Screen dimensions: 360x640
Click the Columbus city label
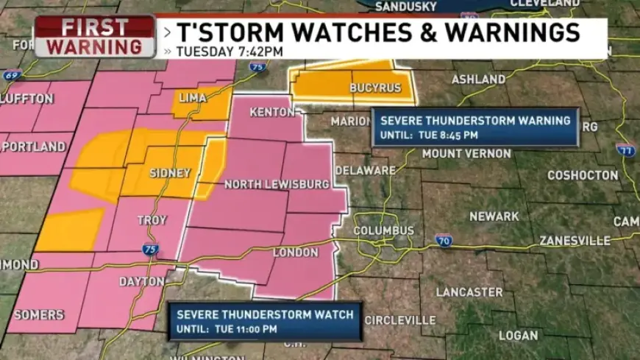383,230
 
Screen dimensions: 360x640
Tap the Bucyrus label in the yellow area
376,88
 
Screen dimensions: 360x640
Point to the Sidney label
170,173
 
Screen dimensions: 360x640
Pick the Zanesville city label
575,241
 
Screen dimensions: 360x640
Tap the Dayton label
142,281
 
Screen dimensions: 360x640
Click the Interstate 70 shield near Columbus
443,241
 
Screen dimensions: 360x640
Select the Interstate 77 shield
625,150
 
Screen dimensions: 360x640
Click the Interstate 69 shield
10,76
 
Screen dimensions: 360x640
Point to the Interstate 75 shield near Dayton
151,250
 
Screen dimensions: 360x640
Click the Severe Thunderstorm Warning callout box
474,127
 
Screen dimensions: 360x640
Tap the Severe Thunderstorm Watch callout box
265,321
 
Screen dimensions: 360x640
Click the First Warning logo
95,37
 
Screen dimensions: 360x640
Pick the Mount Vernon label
466,154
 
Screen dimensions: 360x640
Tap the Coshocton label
583,175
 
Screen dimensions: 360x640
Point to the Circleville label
400,320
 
